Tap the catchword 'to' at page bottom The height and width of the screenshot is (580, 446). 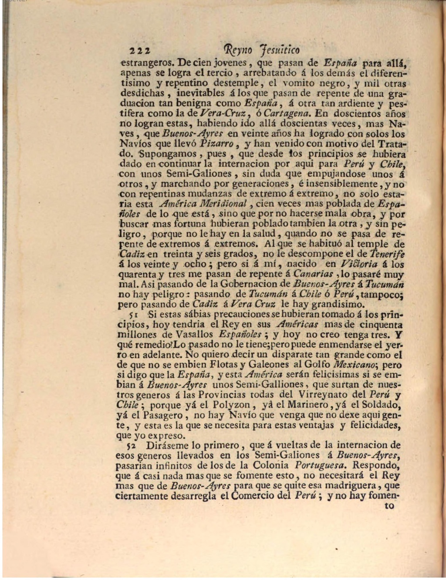coord(389,506)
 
